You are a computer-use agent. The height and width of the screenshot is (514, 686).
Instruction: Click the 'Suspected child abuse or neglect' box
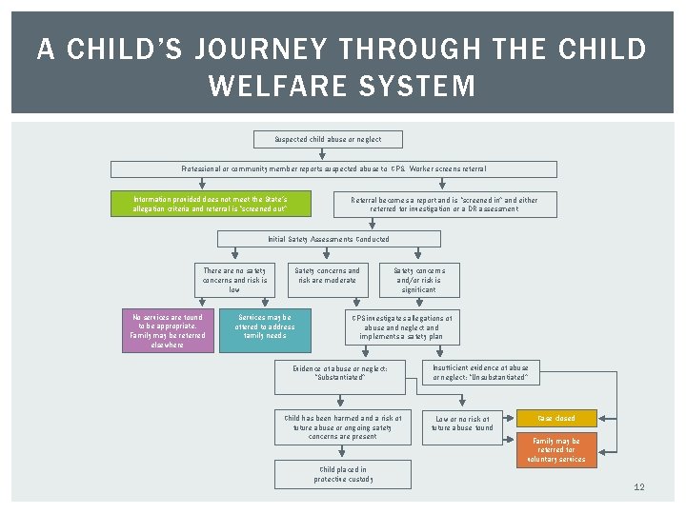328,139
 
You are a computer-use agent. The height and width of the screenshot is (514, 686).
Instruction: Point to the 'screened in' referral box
445,204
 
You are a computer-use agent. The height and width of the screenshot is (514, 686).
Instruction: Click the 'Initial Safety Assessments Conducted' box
328,239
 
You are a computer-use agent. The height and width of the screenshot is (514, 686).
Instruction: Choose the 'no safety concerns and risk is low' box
234,280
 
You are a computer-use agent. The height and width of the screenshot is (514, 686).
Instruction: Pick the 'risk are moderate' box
327,275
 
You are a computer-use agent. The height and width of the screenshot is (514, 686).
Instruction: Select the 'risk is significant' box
419,280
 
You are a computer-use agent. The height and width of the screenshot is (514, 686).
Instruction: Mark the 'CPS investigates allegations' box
401,326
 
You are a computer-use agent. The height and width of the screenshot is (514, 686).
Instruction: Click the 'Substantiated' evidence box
340,372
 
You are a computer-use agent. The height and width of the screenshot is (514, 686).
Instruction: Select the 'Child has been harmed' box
343,426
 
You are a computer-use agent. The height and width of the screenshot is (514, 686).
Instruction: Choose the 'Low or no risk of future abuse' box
462,424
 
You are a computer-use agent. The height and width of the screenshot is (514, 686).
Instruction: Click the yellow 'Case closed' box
556,418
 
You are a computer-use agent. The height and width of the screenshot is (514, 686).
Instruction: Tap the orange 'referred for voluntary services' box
556,450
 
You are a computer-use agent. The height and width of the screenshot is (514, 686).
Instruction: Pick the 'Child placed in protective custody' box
342,474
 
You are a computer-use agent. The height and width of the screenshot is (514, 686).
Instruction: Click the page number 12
639,487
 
